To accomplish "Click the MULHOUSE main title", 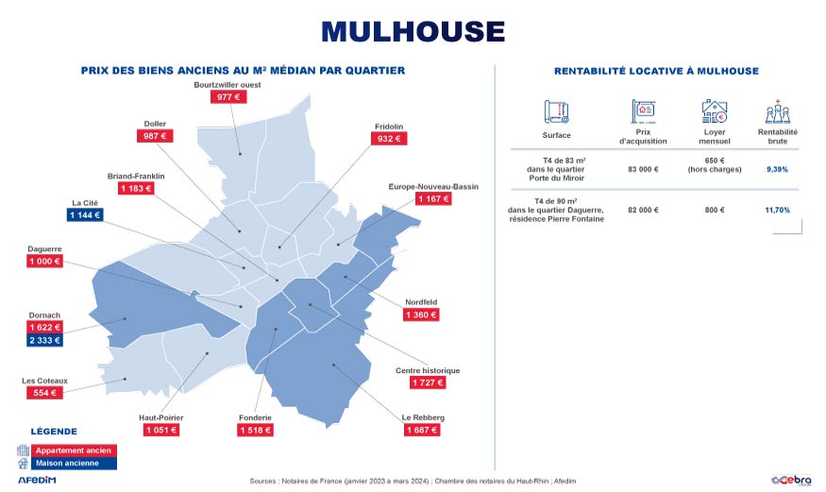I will [413, 31].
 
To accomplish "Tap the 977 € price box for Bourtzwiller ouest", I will [230, 96].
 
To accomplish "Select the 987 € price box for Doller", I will [155, 136].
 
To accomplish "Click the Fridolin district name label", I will [388, 127].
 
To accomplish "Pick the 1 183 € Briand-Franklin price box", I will [136, 188].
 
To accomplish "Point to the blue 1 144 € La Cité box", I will [85, 215].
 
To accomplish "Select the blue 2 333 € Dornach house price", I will [44, 340].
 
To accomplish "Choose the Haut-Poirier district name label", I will [160, 417].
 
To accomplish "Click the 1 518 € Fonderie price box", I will [255, 430].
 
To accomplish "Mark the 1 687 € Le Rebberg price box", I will [422, 430].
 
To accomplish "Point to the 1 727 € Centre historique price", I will [428, 382].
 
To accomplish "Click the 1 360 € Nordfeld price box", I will [420, 314].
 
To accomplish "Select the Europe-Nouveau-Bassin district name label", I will [433, 187].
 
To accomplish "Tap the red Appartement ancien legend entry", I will [73, 450].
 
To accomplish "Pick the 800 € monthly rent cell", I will [715, 209].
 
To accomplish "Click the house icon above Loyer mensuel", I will [715, 110].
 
